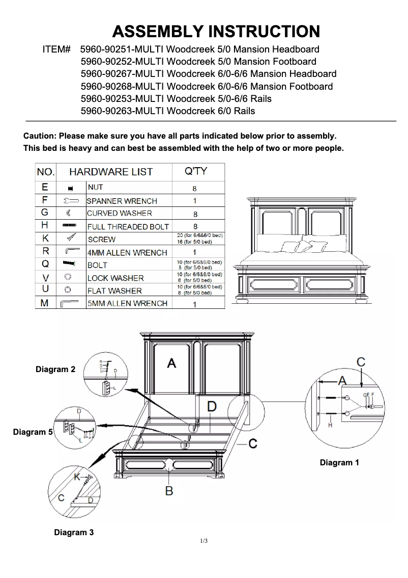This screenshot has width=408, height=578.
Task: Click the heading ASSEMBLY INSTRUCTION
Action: (216, 32)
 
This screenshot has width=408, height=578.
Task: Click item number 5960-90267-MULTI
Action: (122, 74)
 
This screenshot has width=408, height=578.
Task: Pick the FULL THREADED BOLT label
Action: (128, 226)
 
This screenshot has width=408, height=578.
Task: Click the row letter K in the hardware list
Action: (45, 239)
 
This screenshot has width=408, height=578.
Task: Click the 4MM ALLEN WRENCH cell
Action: (127, 252)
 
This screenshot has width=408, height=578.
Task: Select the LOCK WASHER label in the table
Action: (115, 278)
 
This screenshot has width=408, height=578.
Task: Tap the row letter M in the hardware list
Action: (45, 303)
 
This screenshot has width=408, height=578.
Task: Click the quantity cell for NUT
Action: (195, 189)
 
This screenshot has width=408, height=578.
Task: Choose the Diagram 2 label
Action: (55, 369)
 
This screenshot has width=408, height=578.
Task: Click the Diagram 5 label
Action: (33, 432)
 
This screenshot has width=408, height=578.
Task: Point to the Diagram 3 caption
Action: (74, 532)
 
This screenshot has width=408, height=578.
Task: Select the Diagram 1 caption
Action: (339, 462)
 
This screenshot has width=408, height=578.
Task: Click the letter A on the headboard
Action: (172, 363)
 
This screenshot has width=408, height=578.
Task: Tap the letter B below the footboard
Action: (169, 490)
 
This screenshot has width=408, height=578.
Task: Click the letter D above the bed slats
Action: (212, 406)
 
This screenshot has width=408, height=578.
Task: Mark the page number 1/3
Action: (204, 541)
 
